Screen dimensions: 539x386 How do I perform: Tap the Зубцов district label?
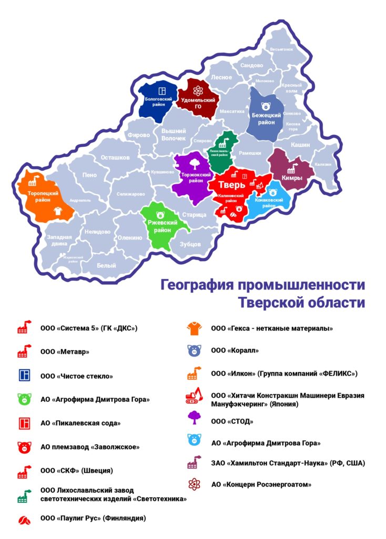(190, 245)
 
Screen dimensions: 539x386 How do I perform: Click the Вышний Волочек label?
(173, 134)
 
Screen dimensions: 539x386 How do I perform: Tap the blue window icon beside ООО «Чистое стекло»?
(23, 375)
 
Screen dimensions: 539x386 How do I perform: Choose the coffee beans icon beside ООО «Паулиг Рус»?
(23, 518)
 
